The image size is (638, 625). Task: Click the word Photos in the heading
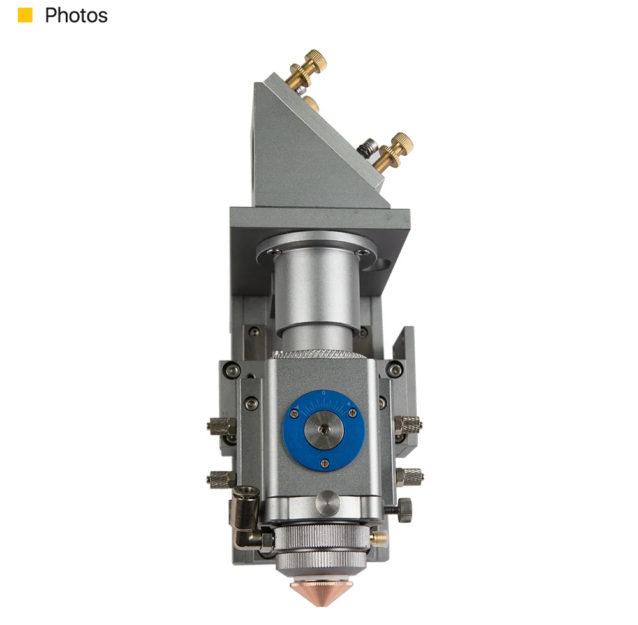point(76,15)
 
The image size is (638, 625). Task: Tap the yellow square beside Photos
point(25,15)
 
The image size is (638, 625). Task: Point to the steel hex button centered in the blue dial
point(323,428)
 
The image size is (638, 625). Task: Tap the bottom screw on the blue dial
point(324,462)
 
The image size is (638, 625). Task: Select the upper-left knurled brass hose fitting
point(221,426)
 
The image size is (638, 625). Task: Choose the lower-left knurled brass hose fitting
point(221,479)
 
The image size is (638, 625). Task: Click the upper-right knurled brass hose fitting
point(408,424)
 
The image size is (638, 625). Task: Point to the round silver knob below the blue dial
point(327,503)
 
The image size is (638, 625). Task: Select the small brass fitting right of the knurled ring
point(378,538)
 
